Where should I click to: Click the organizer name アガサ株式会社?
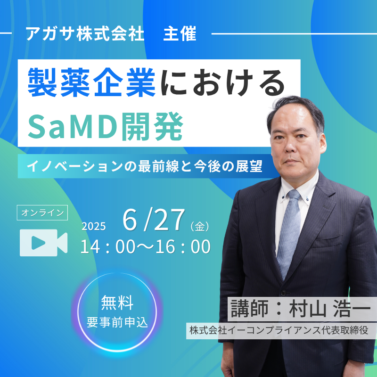click(x=85, y=33)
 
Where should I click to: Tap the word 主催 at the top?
click(x=180, y=33)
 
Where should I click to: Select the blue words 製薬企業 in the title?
click(x=91, y=82)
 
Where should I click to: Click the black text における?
click(x=222, y=82)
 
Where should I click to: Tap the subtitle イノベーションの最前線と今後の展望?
click(x=145, y=166)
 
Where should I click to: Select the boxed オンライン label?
click(x=42, y=213)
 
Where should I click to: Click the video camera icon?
click(x=43, y=243)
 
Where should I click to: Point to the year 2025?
click(x=93, y=226)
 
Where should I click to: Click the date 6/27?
click(x=154, y=220)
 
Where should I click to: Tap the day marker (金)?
click(x=199, y=226)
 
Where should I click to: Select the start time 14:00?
click(x=108, y=247)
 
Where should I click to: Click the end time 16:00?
click(x=183, y=247)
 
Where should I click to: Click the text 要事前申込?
click(x=117, y=322)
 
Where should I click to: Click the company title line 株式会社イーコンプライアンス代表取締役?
click(x=279, y=330)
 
